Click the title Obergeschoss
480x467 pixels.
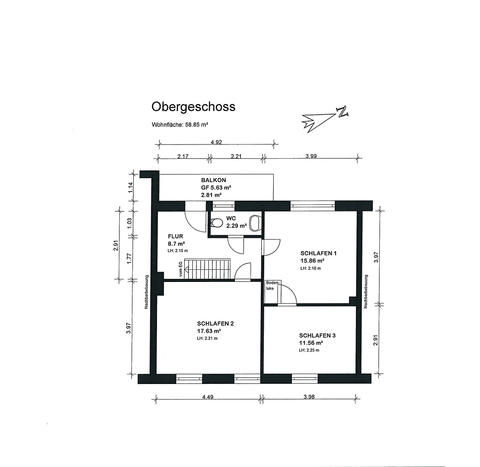pos(193,106)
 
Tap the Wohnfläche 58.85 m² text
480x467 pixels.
pos(180,125)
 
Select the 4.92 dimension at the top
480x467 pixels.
pos(216,142)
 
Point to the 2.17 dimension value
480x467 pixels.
pos(182,157)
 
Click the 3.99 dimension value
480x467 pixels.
pos(310,157)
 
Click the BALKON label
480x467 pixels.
pos(213,180)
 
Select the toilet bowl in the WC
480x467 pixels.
pos(216,223)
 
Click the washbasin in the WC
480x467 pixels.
pos(256,223)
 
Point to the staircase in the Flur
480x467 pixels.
pos(208,269)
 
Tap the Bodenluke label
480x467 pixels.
pos(271,285)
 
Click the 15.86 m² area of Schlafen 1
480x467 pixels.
pos(312,261)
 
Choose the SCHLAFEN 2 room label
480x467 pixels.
pos(215,323)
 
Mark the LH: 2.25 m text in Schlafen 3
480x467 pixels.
pos(309,350)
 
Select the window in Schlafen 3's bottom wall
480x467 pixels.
pos(304,379)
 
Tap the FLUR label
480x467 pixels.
pos(176,237)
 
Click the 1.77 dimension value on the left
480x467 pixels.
pos(128,259)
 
